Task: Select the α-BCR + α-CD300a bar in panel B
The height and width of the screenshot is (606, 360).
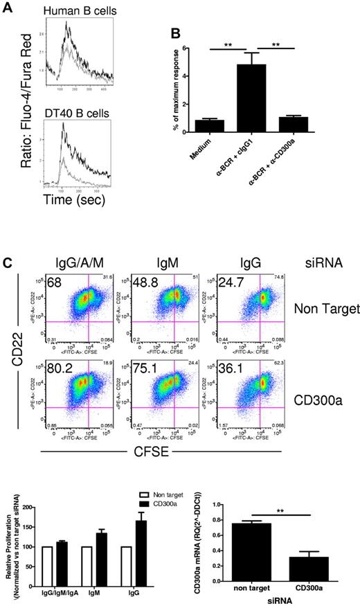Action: (x=276, y=123)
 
